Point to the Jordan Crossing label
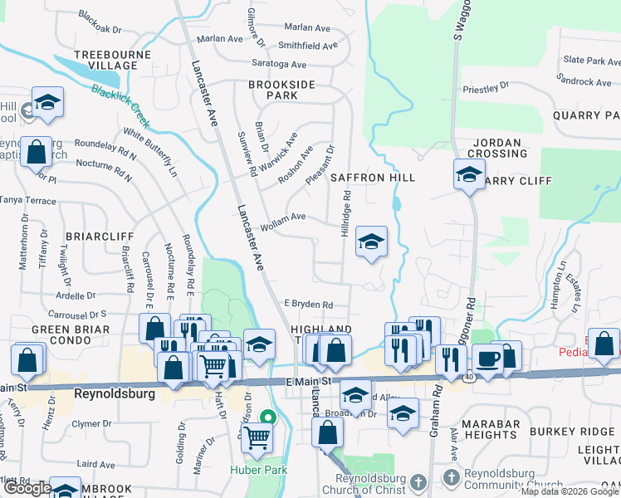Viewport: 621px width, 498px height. [497, 148]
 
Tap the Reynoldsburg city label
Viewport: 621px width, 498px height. [115, 394]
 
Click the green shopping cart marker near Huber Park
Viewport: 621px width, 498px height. [257, 436]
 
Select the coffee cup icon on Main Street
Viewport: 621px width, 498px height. [487, 359]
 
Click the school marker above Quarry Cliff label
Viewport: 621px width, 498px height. [469, 175]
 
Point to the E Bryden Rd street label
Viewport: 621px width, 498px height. [308, 305]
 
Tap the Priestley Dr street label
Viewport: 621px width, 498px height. [486, 87]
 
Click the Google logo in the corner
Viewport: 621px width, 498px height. [27, 488]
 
